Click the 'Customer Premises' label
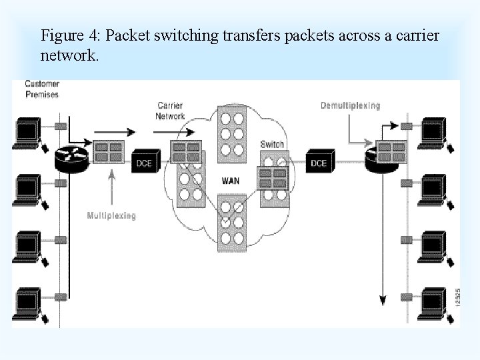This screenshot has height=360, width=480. [x=42, y=89]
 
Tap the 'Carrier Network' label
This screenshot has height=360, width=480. [x=170, y=111]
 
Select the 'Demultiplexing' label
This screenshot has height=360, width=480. [x=350, y=105]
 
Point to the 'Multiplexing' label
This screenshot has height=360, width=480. [x=111, y=215]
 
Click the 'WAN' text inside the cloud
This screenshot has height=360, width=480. [x=230, y=181]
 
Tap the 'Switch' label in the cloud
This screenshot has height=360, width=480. [x=272, y=144]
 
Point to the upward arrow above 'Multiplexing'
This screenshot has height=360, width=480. [x=111, y=187]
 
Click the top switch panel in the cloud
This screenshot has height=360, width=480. [x=231, y=131]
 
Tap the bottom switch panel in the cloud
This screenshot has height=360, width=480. [x=231, y=223]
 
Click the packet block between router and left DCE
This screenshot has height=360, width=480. [x=108, y=152]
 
